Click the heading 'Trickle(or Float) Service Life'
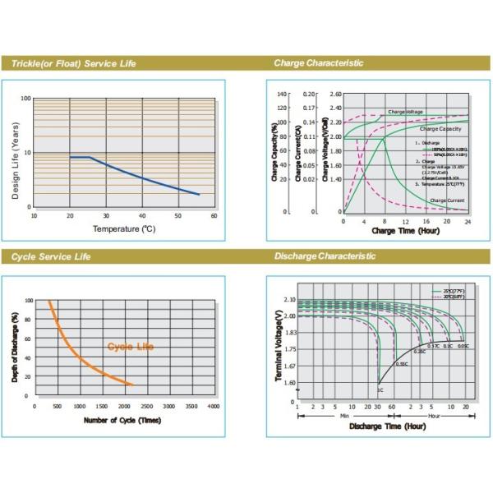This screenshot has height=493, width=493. [73, 63]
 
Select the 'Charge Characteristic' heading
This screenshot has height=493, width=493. [319, 63]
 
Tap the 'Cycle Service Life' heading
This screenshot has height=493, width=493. [51, 257]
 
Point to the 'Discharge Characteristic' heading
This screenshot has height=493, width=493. [324, 257]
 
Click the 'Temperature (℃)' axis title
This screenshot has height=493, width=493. [123, 228]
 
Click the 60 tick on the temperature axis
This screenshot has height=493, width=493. [214, 216]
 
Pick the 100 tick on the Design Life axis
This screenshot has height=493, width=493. [26, 99]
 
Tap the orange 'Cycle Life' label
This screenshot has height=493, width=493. [131, 347]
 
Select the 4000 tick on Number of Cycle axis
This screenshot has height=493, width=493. [214, 407]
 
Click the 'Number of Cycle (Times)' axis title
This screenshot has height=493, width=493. [122, 421]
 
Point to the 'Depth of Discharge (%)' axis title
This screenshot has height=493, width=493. [16, 346]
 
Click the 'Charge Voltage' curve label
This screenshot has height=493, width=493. [406, 111]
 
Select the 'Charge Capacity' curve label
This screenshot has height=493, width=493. [440, 129]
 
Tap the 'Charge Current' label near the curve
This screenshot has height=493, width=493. [447, 200]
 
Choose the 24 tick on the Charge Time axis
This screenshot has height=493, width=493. [468, 222]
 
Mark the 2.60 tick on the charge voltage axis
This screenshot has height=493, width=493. [335, 94]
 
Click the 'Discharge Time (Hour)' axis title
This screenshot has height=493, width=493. [388, 426]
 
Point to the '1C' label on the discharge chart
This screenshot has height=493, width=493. [380, 388]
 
